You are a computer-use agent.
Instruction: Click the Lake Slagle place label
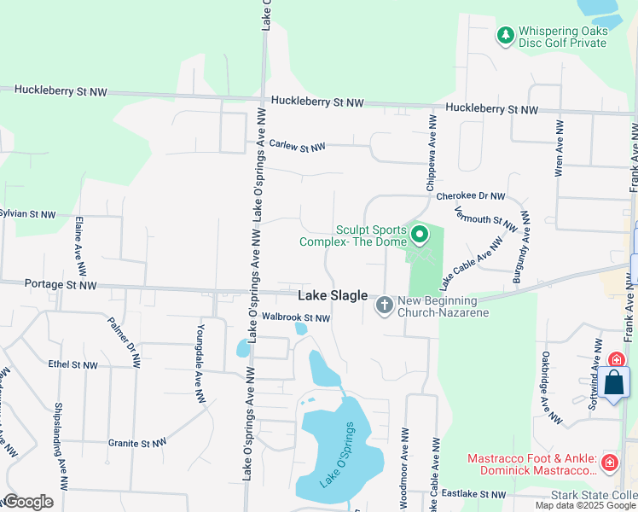click(x=333, y=296)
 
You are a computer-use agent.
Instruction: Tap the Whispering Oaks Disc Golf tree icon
click(x=506, y=35)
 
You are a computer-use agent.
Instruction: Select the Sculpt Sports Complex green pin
click(x=419, y=233)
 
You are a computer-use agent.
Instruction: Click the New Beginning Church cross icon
click(x=385, y=305)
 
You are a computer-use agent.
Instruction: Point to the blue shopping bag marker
click(x=614, y=383)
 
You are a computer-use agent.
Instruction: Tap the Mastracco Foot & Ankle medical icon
click(x=609, y=463)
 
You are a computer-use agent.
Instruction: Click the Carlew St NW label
click(x=297, y=146)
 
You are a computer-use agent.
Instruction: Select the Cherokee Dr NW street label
click(x=471, y=195)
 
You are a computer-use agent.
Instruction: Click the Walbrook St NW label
click(x=296, y=317)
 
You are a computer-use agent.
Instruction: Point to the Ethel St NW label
click(x=72, y=364)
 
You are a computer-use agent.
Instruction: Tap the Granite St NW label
click(x=135, y=443)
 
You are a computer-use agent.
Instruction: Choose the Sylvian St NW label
click(x=27, y=213)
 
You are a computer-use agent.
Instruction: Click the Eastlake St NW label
click(x=475, y=494)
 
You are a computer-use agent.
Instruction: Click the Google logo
click(x=27, y=502)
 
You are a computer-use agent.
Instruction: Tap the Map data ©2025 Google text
click(x=585, y=505)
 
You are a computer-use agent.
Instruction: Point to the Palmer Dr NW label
click(x=123, y=341)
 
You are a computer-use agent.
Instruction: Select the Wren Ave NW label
click(x=560, y=148)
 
